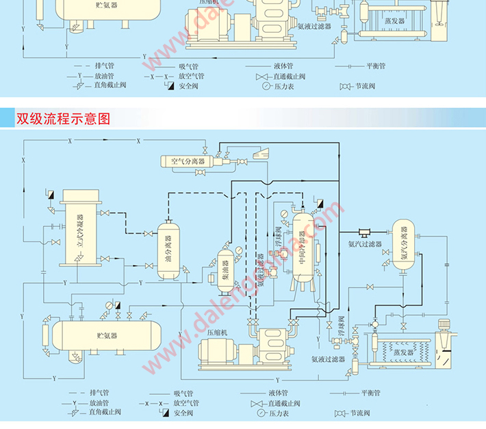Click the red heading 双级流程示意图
63,118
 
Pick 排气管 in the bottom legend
101,393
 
